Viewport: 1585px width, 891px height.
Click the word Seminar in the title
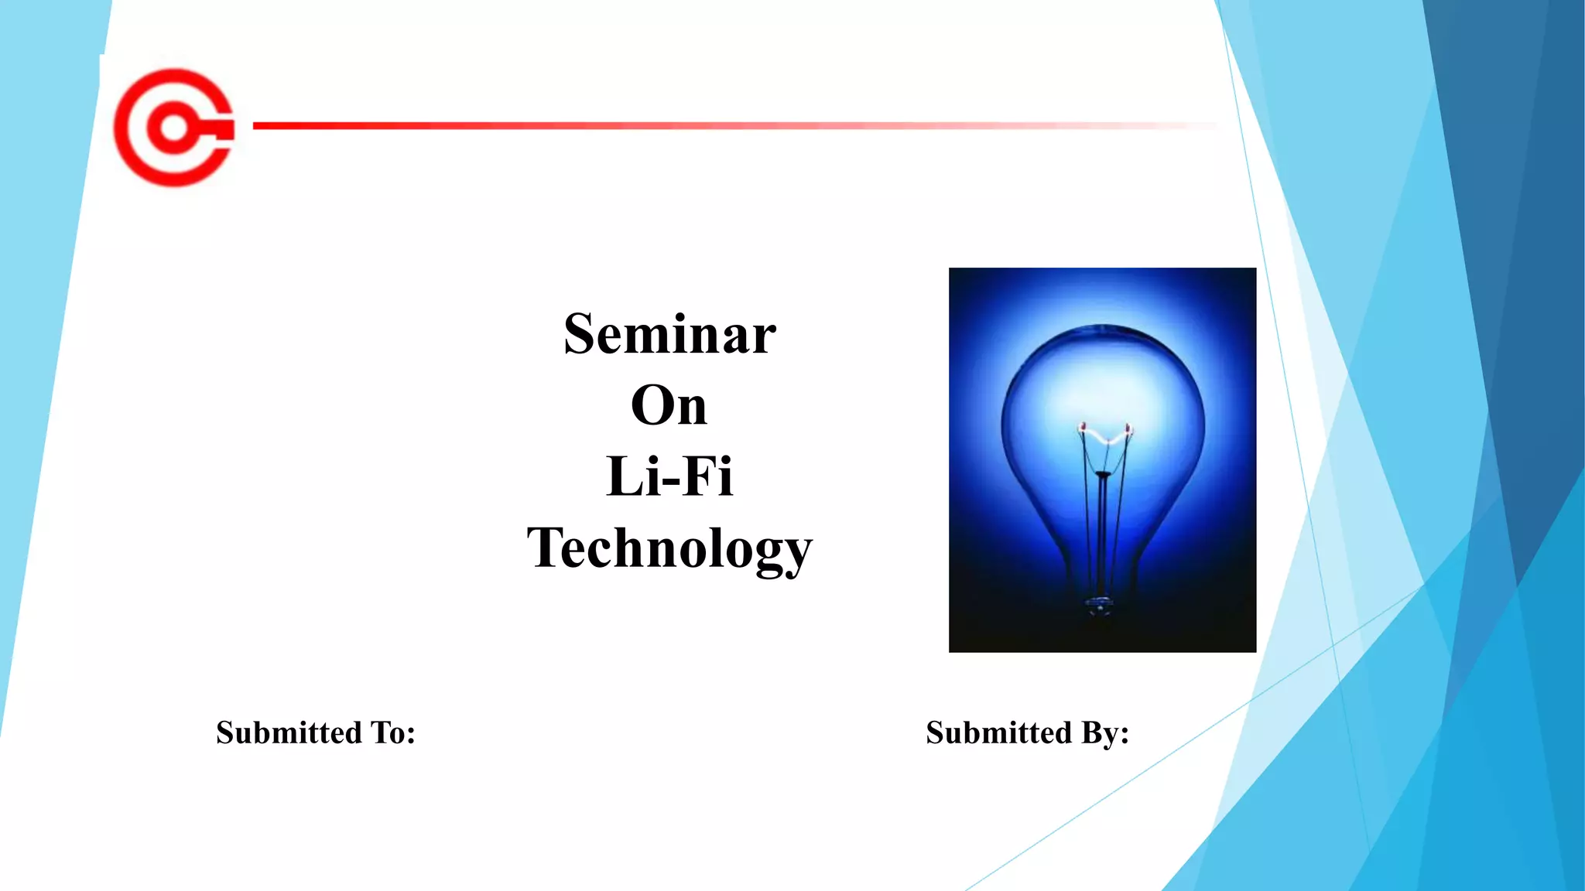point(669,334)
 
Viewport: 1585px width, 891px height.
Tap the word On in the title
point(669,405)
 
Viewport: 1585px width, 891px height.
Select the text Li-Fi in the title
point(669,476)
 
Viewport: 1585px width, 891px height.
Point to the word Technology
point(669,548)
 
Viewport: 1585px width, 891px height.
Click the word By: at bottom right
point(1105,732)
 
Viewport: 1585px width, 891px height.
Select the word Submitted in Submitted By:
point(999,732)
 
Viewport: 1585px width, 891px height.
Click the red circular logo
point(173,128)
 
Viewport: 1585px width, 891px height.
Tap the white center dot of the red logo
point(174,128)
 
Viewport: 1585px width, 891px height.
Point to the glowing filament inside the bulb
point(1106,438)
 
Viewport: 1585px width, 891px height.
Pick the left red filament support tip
point(1083,426)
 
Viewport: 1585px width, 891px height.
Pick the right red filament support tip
point(1128,427)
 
